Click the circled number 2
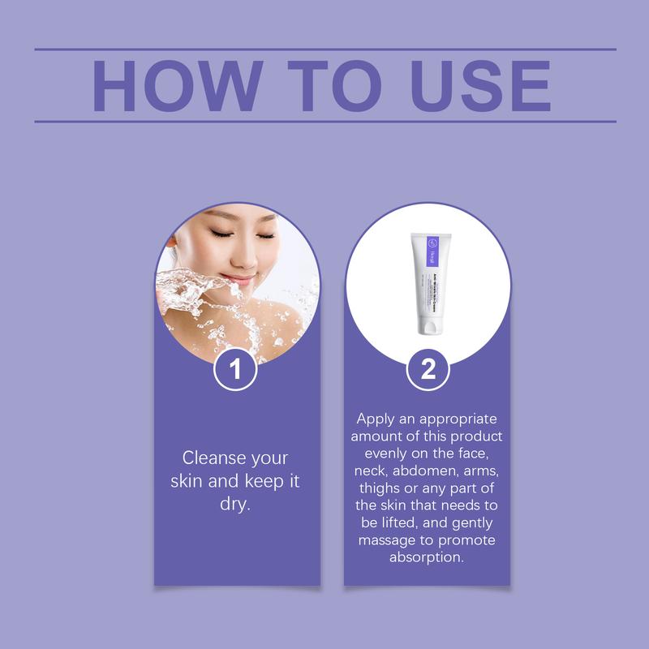pos(428,370)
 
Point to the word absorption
pos(428,558)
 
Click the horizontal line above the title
pos(324,49)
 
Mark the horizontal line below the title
pos(324,121)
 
